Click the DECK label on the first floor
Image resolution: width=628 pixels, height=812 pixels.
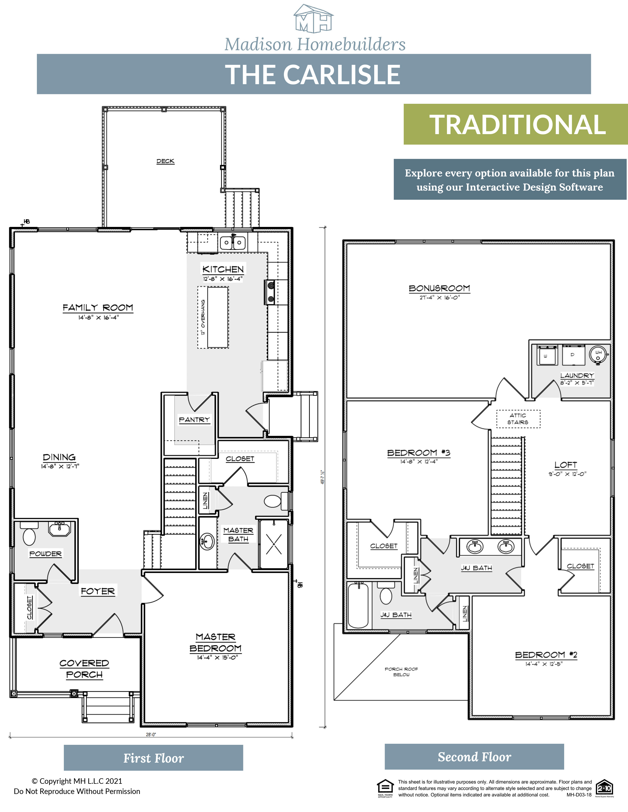tap(165, 161)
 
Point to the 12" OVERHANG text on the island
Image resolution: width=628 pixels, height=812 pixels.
tap(203, 317)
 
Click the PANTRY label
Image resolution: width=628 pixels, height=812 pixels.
tap(194, 419)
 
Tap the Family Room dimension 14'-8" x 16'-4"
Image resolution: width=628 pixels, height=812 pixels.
tap(98, 318)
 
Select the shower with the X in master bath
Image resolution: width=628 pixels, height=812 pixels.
tap(274, 544)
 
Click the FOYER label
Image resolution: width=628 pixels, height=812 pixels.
tap(98, 591)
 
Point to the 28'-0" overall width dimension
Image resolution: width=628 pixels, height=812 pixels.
tap(151, 735)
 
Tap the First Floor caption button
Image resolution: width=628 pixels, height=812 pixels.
tap(153, 758)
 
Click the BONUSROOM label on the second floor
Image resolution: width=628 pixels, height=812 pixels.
tap(439, 288)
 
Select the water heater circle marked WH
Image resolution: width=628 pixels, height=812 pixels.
tap(598, 354)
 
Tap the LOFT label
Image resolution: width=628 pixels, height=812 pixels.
tap(565, 465)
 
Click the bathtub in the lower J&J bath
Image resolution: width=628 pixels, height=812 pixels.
tap(358, 605)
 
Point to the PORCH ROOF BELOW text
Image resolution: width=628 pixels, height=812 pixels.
tap(401, 671)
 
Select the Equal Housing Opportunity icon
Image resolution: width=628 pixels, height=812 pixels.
tap(385, 787)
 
